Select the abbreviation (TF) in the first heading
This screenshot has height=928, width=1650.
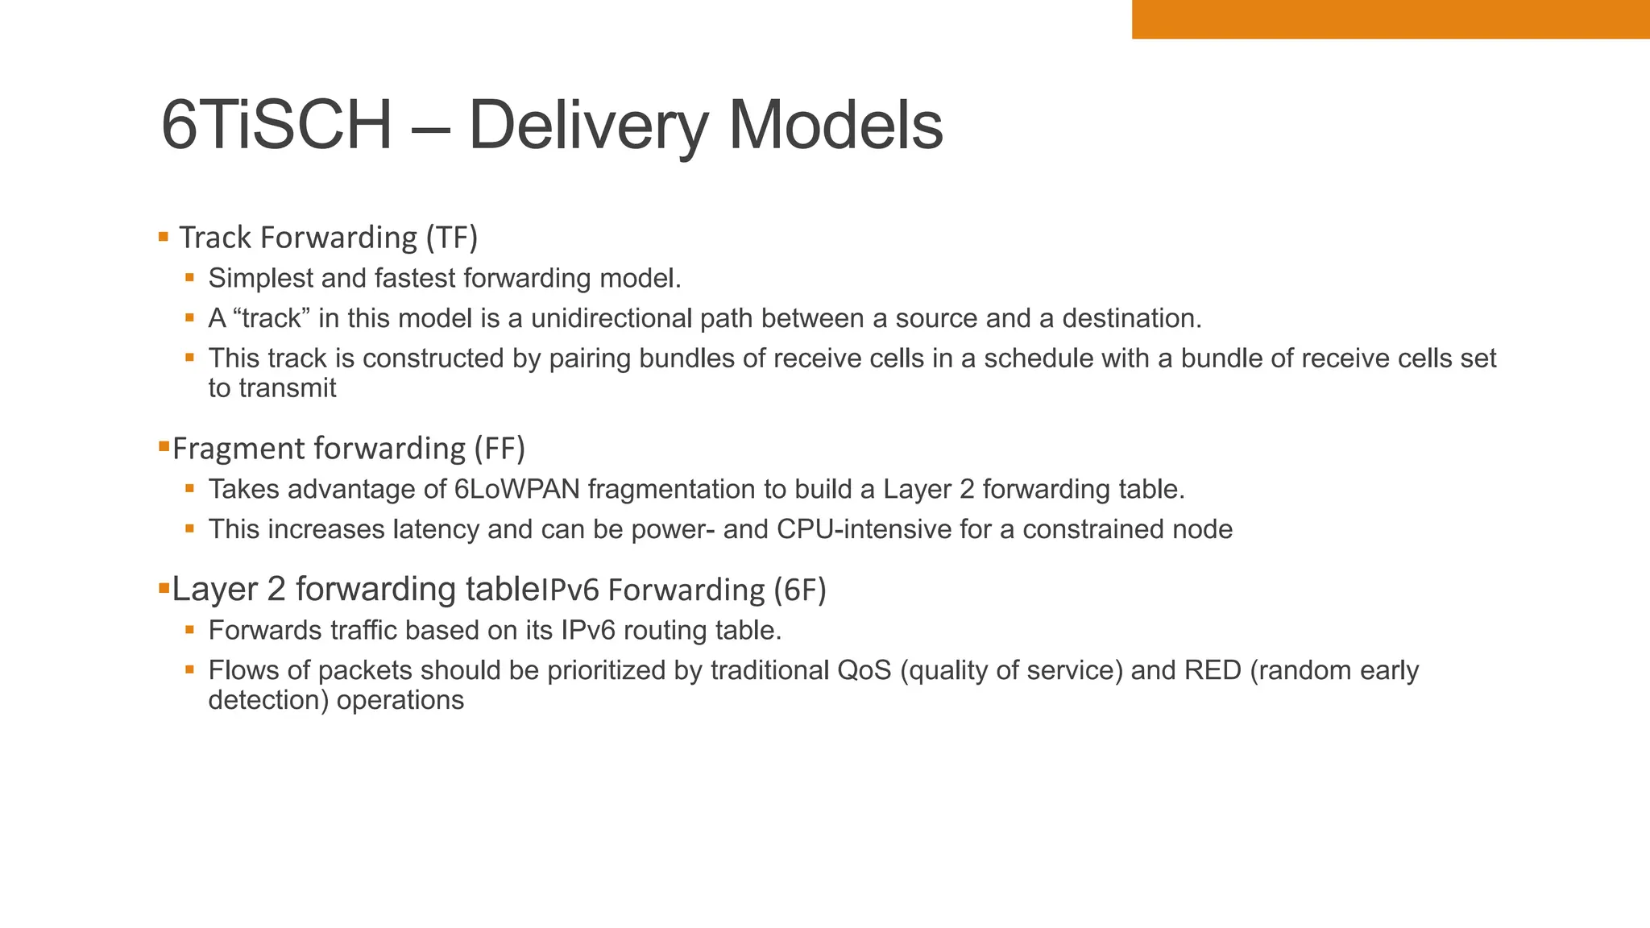click(x=452, y=238)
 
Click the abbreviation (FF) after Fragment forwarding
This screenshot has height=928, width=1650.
click(x=499, y=449)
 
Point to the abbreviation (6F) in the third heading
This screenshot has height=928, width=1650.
click(x=800, y=590)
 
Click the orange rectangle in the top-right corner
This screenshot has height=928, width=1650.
click(x=1391, y=19)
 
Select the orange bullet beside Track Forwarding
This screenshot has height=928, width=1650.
click(x=164, y=237)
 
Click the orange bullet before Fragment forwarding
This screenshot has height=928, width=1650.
click(x=164, y=445)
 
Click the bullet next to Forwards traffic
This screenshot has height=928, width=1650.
click(x=190, y=629)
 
